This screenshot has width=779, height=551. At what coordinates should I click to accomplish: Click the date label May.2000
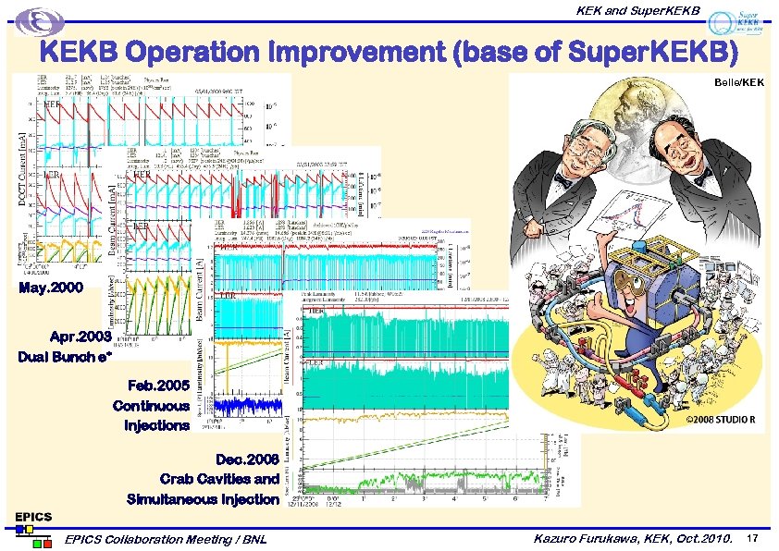point(56,288)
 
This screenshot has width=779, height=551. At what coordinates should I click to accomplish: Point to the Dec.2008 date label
point(246,459)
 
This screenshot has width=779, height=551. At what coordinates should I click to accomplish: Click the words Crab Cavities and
point(218,479)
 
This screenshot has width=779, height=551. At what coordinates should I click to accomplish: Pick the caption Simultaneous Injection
point(203,499)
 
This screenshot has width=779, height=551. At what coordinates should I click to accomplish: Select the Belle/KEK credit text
point(738,83)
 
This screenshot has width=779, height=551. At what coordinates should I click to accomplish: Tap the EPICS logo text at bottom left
point(31,516)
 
